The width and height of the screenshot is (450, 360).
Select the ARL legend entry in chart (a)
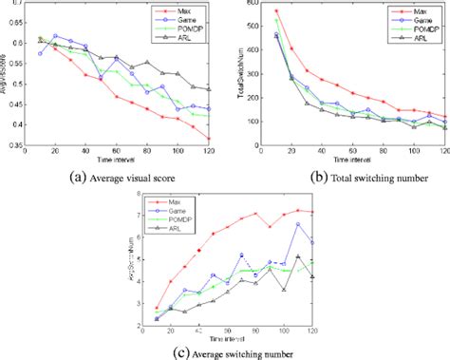click(189, 38)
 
